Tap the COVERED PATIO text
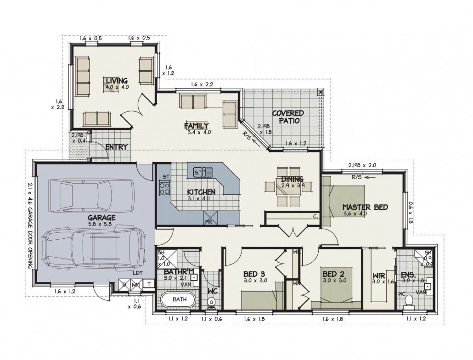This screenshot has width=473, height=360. pyautogui.click(x=288, y=117)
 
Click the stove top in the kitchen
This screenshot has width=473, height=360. pyautogui.click(x=163, y=187)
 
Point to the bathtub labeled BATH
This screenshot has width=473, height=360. pyautogui.click(x=179, y=299)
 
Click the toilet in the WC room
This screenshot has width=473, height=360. pyautogui.click(x=212, y=301)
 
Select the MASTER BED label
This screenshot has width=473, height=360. pyautogui.click(x=365, y=207)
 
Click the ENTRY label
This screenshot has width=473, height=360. pyautogui.click(x=116, y=147)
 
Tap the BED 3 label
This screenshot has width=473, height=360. pyautogui.click(x=254, y=274)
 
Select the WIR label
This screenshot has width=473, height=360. pyautogui.click(x=378, y=276)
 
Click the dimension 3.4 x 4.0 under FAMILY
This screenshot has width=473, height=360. pyautogui.click(x=198, y=132)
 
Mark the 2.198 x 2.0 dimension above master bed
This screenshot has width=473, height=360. pyautogui.click(x=362, y=165)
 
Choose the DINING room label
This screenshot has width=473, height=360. pyautogui.click(x=292, y=179)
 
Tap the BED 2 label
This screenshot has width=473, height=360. pyautogui.click(x=333, y=274)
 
